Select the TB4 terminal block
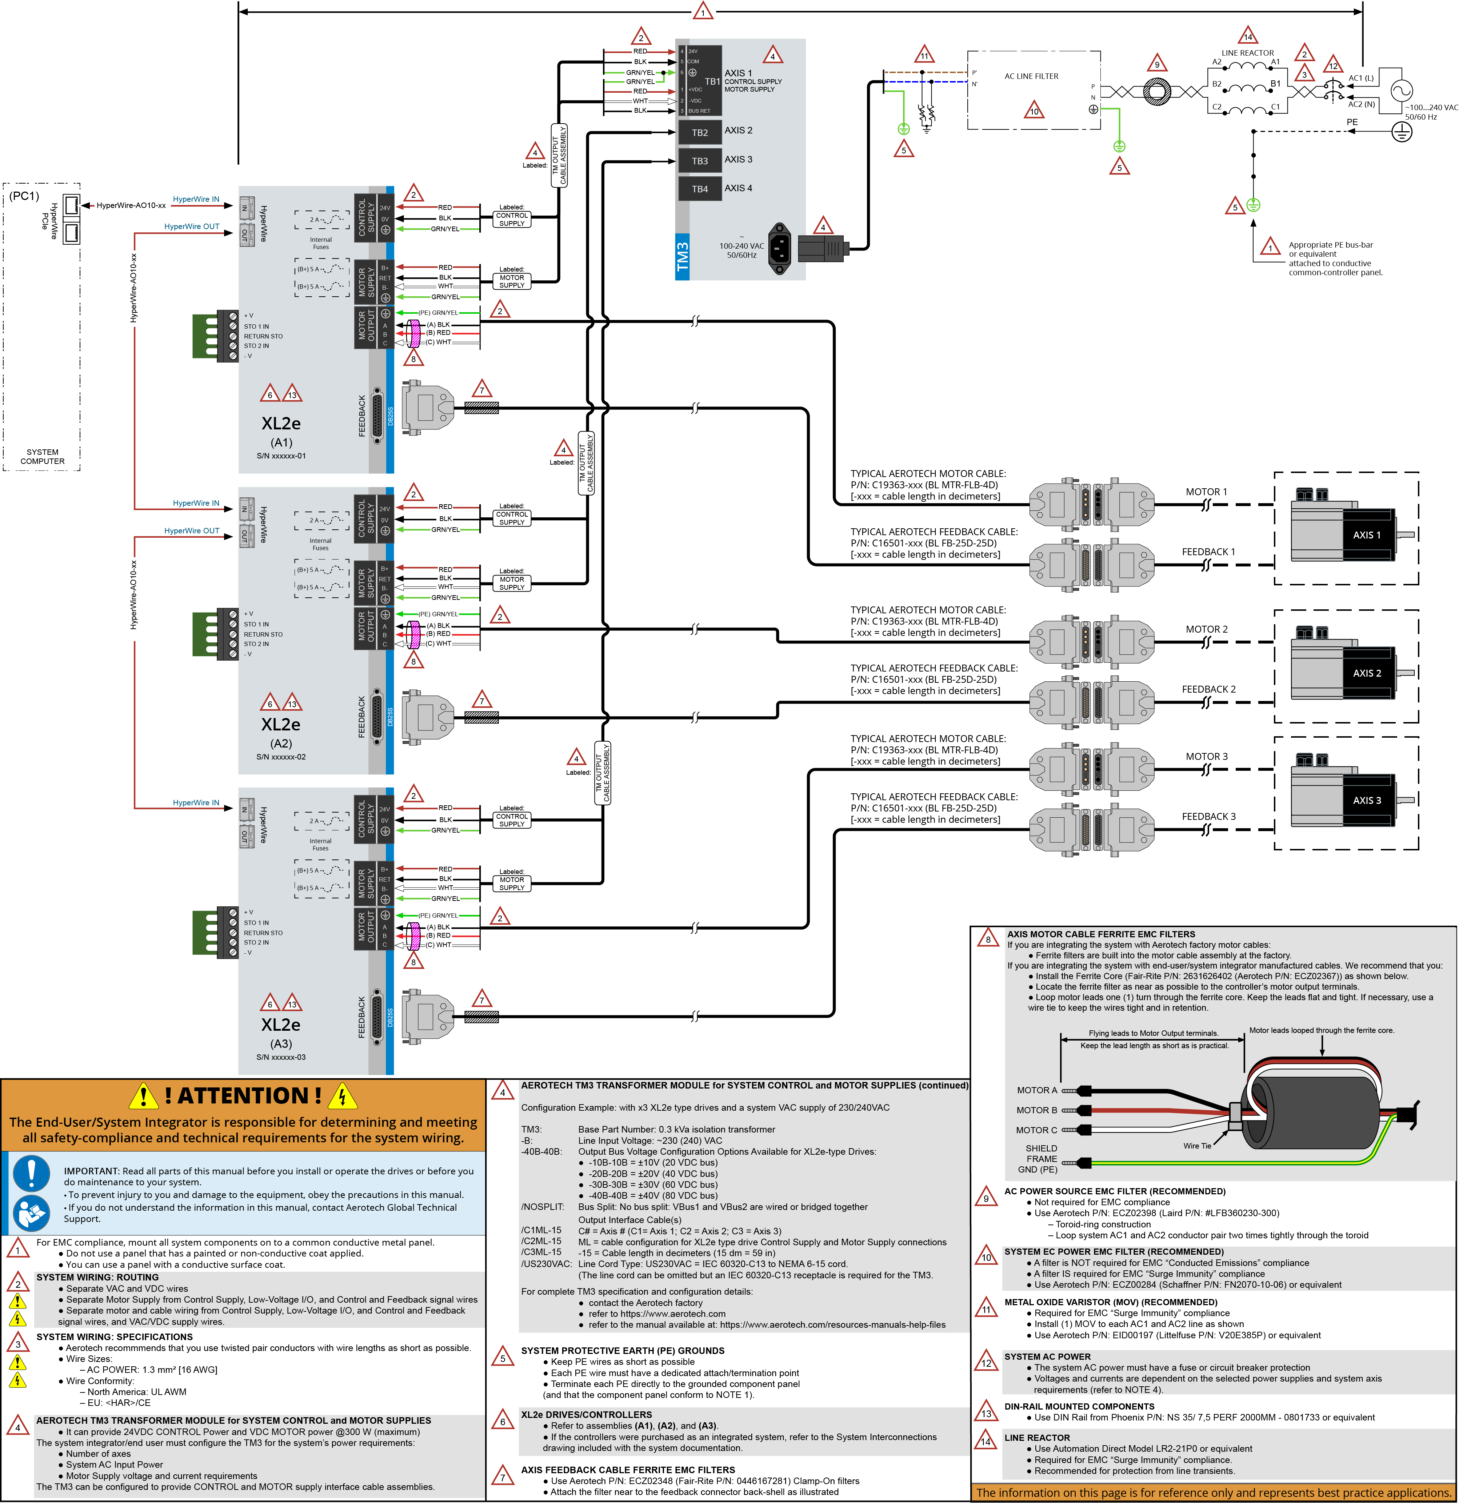pyautogui.click(x=700, y=189)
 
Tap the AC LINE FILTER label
pyautogui.click(x=1031, y=77)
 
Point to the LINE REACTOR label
pyautogui.click(x=1247, y=53)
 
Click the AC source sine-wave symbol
pyautogui.click(x=1396, y=91)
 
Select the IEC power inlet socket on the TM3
pyautogui.click(x=780, y=247)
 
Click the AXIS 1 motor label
pyautogui.click(x=1366, y=535)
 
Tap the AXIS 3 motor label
pyautogui.click(x=1366, y=800)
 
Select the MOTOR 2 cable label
pyautogui.click(x=1206, y=629)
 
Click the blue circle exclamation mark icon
pyautogui.click(x=31, y=1173)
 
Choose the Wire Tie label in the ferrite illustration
pyautogui.click(x=1197, y=1146)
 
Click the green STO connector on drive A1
pyautogui.click(x=205, y=335)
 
